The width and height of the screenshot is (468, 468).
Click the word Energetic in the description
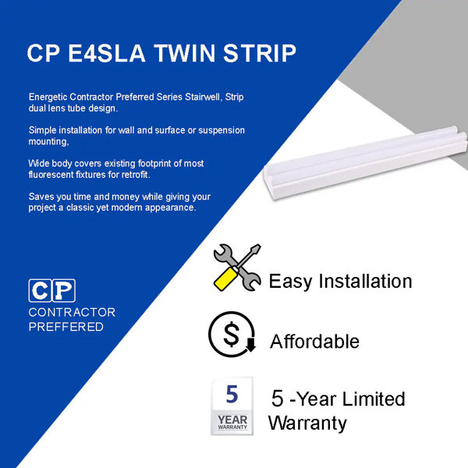[46, 96]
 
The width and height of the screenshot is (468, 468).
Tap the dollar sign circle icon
[232, 335]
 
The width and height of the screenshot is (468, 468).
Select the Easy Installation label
[340, 281]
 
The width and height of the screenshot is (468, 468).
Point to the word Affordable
[314, 342]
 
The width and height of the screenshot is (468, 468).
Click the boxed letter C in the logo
[40, 290]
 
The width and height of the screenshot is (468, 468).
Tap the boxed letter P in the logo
[63, 290]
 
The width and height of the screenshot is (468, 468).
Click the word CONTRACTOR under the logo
[72, 312]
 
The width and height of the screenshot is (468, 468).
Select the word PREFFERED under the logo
[66, 327]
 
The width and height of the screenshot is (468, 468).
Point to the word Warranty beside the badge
[307, 424]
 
